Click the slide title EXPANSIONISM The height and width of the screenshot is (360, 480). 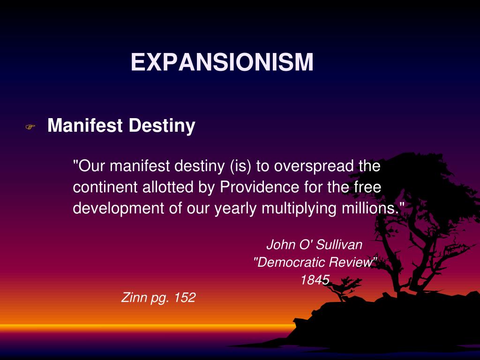point(222,62)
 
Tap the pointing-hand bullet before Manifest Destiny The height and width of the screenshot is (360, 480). point(30,127)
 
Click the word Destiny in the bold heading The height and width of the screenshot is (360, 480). point(162,126)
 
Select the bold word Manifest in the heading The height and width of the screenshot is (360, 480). point(85,126)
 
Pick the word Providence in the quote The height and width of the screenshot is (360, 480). point(259,187)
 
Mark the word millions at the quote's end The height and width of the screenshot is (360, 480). point(366,208)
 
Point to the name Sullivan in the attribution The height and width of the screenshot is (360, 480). point(339,244)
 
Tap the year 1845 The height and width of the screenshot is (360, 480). point(315,280)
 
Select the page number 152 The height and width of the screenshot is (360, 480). point(185,297)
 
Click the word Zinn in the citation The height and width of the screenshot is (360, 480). point(134,297)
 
